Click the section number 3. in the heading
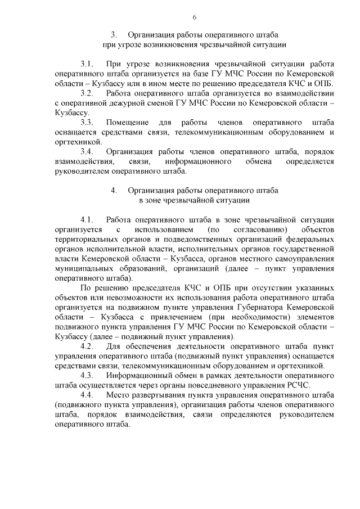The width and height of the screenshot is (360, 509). (114, 34)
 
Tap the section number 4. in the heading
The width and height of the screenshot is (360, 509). (114, 191)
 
